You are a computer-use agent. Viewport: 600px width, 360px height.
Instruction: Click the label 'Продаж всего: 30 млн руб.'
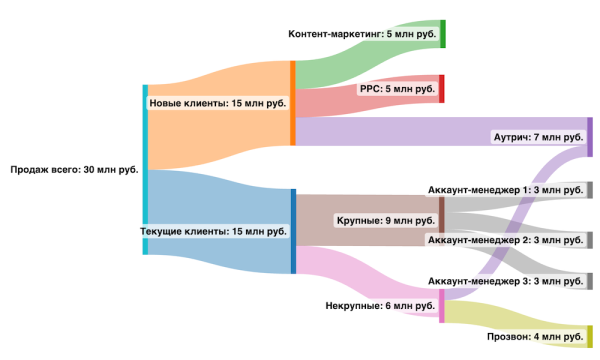coord(74,170)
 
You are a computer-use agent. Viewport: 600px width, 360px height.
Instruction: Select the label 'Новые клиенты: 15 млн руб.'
coord(217,103)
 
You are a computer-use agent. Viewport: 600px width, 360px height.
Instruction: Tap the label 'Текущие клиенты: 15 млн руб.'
coord(214,231)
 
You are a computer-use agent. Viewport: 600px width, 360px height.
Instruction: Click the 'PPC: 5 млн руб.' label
coord(398,89)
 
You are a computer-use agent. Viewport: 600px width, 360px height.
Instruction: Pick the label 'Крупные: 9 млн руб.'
coord(385,220)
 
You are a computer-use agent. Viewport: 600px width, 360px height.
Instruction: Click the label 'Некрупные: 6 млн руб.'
coord(381,305)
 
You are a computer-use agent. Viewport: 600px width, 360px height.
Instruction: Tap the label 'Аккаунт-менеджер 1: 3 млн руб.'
coord(505,190)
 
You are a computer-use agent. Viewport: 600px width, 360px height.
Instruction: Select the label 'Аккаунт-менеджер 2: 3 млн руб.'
coord(505,240)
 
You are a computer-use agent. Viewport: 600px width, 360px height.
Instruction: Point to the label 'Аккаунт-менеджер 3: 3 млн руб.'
coord(505,282)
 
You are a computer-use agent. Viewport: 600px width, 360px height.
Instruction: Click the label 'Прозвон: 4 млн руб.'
coord(535,337)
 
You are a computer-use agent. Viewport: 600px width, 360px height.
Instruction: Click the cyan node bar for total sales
coord(145,169)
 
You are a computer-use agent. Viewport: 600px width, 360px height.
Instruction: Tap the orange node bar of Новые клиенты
coord(292,103)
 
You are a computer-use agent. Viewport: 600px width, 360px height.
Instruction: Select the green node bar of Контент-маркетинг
coord(442,34)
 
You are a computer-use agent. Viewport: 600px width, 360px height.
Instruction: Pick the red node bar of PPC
coord(442,89)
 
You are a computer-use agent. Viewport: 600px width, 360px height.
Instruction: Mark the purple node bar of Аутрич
coord(590,137)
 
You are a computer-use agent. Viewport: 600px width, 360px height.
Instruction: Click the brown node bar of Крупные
coord(441,216)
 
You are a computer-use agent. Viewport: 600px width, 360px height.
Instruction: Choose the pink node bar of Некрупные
coord(442,306)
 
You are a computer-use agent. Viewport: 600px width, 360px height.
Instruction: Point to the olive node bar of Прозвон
coord(590,337)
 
